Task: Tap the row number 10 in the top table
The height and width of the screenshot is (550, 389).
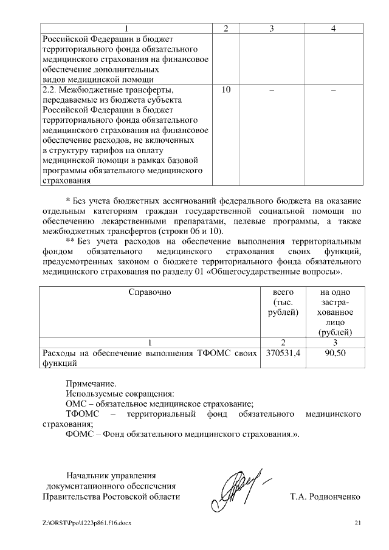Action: point(226,90)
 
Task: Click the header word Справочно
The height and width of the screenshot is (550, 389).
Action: point(150,292)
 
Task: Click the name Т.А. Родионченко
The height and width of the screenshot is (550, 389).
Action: point(325,497)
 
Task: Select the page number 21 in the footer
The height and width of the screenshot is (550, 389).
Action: point(357,523)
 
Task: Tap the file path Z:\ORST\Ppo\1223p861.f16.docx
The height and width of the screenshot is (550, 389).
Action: point(87,523)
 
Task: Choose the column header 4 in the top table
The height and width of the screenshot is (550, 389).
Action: point(333,29)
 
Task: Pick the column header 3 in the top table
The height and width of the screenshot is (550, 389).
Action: point(272,29)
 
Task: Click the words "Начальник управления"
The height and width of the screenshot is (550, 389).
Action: point(111,476)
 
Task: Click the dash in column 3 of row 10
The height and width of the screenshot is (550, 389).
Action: point(272,90)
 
